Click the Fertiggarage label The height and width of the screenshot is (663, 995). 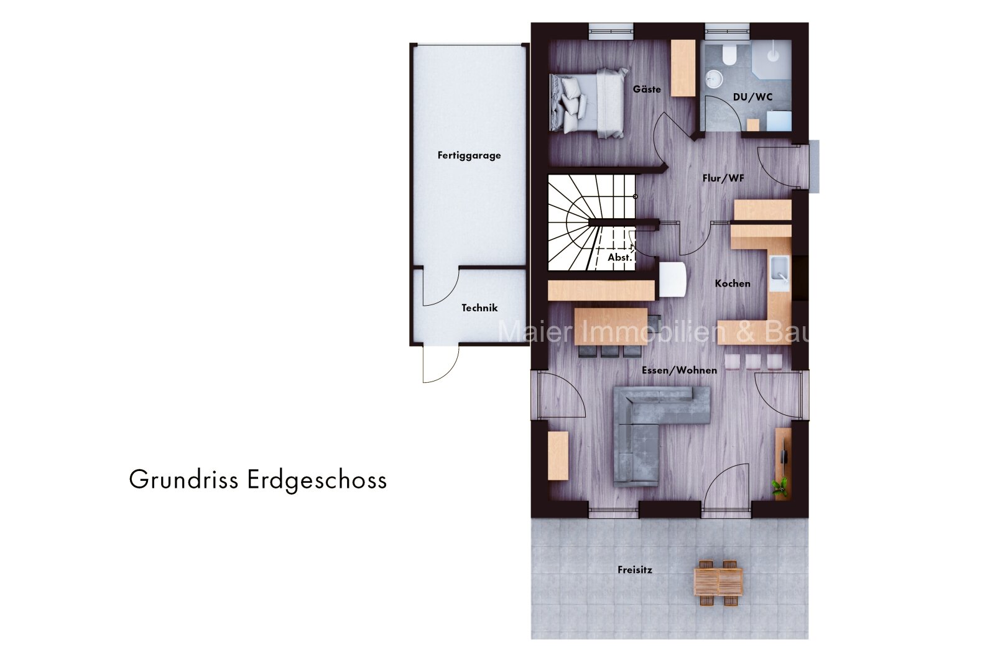pos(469,156)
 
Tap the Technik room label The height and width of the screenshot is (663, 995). pos(479,308)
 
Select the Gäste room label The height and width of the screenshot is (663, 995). pos(647,89)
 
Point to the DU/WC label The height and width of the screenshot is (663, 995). pos(752,97)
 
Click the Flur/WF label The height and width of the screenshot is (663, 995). pos(723,178)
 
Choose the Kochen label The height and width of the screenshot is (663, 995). pos(733,283)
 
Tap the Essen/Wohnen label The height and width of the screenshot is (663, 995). pos(679,370)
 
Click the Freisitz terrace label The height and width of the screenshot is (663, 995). pos(635,570)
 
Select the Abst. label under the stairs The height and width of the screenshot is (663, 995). pos(619,257)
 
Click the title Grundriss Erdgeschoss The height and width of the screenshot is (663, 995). pos(258,480)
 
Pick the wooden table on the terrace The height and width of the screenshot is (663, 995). pos(718,582)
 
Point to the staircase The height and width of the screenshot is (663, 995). pos(591,222)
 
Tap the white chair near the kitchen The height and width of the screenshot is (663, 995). pos(672,280)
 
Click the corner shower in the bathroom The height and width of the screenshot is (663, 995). pos(772,60)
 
